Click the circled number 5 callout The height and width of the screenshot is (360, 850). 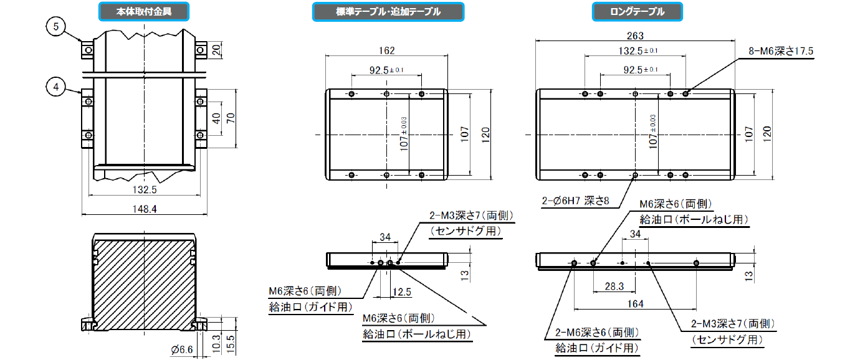click(56, 27)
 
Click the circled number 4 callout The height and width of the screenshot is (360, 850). click(56, 87)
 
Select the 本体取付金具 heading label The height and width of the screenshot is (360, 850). click(144, 11)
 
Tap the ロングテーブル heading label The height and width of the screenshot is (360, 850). click(637, 11)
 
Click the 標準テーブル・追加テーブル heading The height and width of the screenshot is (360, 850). click(388, 11)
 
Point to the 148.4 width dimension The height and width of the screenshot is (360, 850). click(145, 209)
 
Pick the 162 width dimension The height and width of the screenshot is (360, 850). click(386, 50)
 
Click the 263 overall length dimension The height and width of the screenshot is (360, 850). click(635, 36)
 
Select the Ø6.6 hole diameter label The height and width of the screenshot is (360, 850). click(182, 349)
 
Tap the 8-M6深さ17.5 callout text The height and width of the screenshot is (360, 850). click(781, 51)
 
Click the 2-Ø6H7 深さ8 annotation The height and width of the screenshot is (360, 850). click(575, 201)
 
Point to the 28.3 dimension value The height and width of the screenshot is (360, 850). click(614, 287)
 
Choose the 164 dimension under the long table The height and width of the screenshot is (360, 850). click(635, 304)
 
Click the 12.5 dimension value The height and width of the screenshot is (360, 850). click(402, 292)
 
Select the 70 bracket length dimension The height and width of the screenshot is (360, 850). click(231, 118)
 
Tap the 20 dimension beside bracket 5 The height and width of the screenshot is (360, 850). click(216, 50)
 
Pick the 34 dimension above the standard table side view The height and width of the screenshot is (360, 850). click(385, 237)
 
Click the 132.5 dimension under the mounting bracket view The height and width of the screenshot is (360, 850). click(145, 190)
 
